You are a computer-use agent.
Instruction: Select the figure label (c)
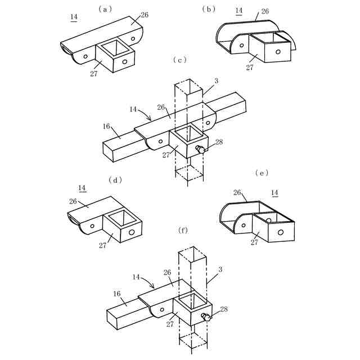tap(181, 59)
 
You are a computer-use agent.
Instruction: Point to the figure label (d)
tap(115, 180)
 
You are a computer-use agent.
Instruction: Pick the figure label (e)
tap(262, 173)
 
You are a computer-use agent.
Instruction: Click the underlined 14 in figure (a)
tap(74, 17)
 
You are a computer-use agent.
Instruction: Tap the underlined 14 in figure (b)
tap(238, 10)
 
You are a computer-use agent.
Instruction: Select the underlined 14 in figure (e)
tap(275, 193)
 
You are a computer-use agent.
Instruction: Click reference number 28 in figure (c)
tap(219, 142)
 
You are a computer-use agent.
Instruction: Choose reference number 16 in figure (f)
tap(117, 294)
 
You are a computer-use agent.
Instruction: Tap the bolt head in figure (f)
tap(206, 318)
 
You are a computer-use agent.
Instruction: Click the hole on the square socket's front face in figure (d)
tap(131, 232)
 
